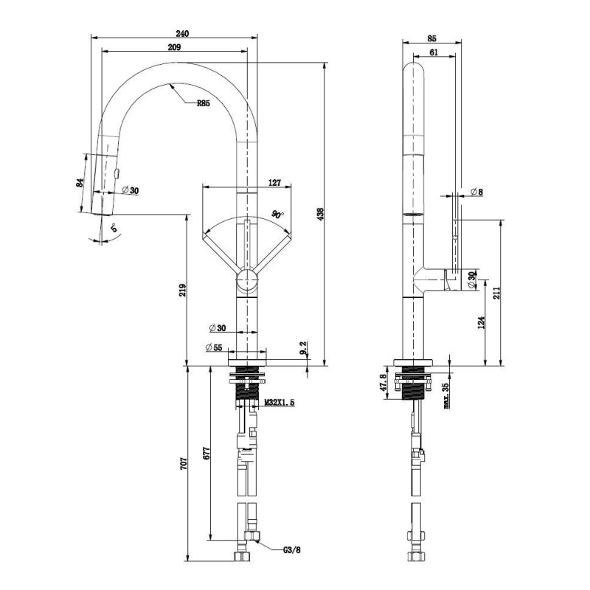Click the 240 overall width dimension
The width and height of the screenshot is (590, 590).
pos(182,33)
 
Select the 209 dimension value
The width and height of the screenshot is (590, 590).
pos(174,47)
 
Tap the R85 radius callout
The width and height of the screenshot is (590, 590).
pos(204,103)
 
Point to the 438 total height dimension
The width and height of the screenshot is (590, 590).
pos(320,214)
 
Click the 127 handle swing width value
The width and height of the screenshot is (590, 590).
pos(274,182)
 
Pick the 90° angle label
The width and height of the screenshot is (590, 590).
pos(278,215)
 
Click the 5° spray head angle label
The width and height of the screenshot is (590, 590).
pos(114,228)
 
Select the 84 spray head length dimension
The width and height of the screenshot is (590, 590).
pos(80,183)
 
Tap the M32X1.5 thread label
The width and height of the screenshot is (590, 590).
pos(280,403)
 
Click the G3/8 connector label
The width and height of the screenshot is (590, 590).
pos(292,550)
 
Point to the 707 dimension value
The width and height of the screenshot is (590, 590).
pos(183,464)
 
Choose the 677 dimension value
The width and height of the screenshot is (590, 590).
pos(206,453)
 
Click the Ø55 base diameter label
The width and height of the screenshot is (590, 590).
pos(214,347)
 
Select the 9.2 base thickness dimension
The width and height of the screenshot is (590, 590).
pos(304,348)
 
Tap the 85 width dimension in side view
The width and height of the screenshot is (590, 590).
pos(432,38)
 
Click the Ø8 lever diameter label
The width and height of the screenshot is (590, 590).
pos(476,192)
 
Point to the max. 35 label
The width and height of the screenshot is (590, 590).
pos(446,395)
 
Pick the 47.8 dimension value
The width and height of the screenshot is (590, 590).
pos(383,382)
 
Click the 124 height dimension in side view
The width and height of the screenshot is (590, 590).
pos(482,322)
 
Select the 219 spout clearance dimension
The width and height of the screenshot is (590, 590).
pos(182,290)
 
